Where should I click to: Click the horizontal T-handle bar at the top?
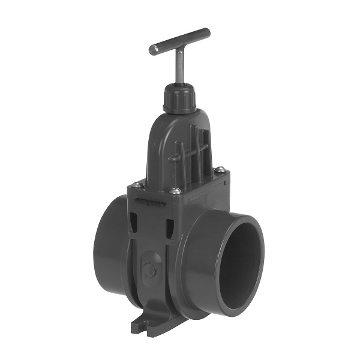tap(180, 41)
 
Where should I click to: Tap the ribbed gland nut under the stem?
tap(179, 98)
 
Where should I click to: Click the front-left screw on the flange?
tap(137, 184)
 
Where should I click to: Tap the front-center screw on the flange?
tap(175, 191)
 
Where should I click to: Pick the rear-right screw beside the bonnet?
tap(220, 170)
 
